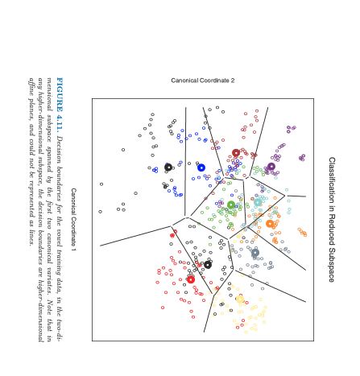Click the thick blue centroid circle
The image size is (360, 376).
(x=201, y=167)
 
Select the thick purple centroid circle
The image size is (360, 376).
(x=271, y=167)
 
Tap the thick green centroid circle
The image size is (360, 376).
(x=231, y=205)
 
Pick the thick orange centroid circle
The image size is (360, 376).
(x=270, y=224)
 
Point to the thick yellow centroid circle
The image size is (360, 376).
(x=240, y=300)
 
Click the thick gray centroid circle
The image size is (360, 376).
(x=255, y=253)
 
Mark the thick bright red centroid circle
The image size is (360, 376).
(x=191, y=279)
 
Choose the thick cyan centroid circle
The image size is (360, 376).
(x=258, y=203)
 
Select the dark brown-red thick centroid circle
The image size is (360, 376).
(x=236, y=153)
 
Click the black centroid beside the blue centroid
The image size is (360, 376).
(x=168, y=167)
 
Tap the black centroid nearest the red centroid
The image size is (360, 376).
(x=208, y=264)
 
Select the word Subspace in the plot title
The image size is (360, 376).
(x=331, y=265)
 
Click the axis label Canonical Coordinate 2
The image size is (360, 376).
(x=203, y=81)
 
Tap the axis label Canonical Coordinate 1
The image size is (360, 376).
(x=73, y=221)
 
